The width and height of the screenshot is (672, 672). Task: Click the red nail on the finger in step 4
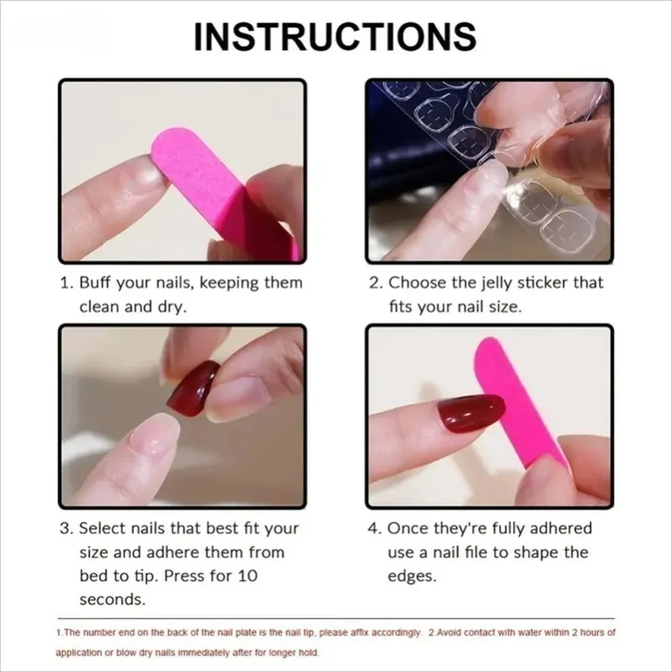(x=470, y=412)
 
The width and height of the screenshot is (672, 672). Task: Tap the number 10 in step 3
(x=248, y=576)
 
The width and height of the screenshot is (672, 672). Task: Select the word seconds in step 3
(x=113, y=600)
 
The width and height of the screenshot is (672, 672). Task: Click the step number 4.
(x=374, y=528)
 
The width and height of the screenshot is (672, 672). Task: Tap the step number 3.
(x=65, y=528)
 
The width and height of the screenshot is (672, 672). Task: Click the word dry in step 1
(x=173, y=307)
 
